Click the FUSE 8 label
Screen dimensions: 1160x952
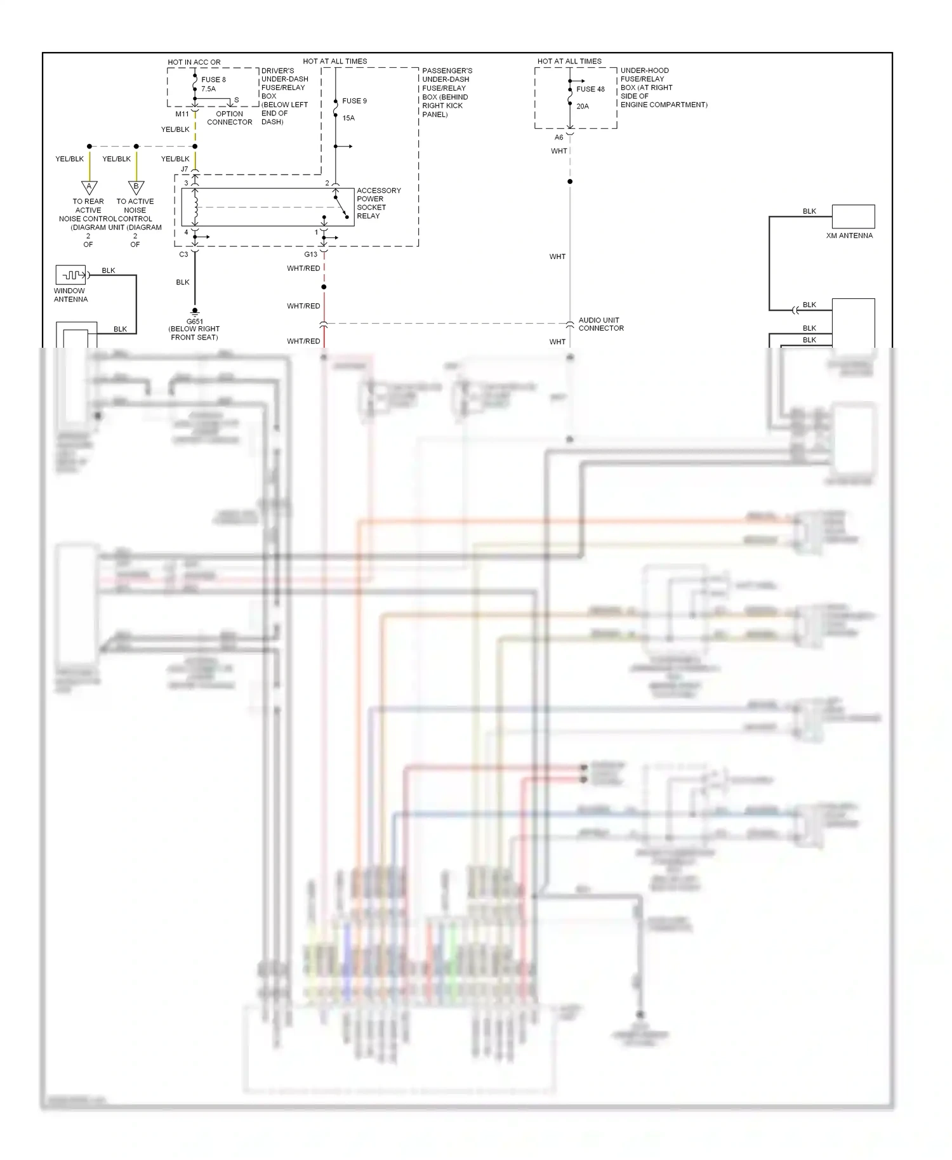pyautogui.click(x=213, y=80)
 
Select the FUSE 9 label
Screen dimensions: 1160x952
pyautogui.click(x=354, y=101)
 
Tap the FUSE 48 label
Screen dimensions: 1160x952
pyautogui.click(x=590, y=89)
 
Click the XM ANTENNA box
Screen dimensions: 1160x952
pyautogui.click(x=853, y=216)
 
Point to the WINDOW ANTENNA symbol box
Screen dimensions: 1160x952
pyautogui.click(x=70, y=275)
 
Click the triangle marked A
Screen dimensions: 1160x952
pyautogui.click(x=89, y=187)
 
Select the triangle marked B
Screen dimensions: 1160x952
pyautogui.click(x=136, y=187)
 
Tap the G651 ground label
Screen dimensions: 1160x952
pyautogui.click(x=194, y=322)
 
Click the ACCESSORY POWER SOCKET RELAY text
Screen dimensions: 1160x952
pyautogui.click(x=378, y=203)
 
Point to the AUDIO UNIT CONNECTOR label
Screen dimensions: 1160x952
pyautogui.click(x=600, y=324)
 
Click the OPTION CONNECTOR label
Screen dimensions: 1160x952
pyautogui.click(x=229, y=118)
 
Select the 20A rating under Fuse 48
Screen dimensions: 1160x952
pyautogui.click(x=583, y=107)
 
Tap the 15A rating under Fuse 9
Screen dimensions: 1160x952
pyautogui.click(x=348, y=118)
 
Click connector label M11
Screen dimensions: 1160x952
pyautogui.click(x=182, y=114)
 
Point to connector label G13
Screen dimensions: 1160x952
pyautogui.click(x=310, y=254)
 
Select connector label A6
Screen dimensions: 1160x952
pyautogui.click(x=559, y=137)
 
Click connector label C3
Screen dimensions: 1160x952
pyautogui.click(x=183, y=254)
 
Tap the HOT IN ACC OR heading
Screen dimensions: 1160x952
pyautogui.click(x=194, y=62)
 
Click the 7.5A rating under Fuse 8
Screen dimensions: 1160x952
pyautogui.click(x=208, y=89)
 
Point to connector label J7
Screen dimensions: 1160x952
pyautogui.click(x=185, y=169)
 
